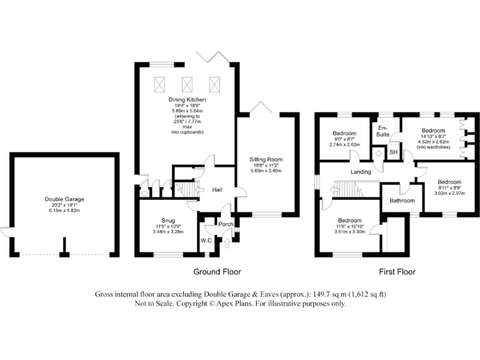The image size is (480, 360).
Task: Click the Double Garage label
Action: click(64, 199)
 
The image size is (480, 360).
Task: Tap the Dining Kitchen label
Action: click(187, 99)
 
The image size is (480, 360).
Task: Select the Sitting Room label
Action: click(266, 159)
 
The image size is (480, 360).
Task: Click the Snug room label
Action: click(168, 221)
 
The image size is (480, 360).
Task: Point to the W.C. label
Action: click(207, 241)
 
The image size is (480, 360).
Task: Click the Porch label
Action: click(226, 224)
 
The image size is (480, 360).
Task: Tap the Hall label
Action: click(217, 190)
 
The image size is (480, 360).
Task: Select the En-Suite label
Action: click(382, 131)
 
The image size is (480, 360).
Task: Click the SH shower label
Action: click(393, 152)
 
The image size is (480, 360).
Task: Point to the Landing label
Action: click(361, 172)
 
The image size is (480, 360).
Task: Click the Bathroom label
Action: click(402, 201)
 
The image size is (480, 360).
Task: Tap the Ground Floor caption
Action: click(217, 272)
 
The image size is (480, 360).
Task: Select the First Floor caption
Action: click(397, 272)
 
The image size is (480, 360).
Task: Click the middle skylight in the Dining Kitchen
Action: click(187, 85)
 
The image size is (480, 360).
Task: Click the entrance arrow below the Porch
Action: click(227, 242)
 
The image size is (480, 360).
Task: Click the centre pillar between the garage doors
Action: click(64, 247)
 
